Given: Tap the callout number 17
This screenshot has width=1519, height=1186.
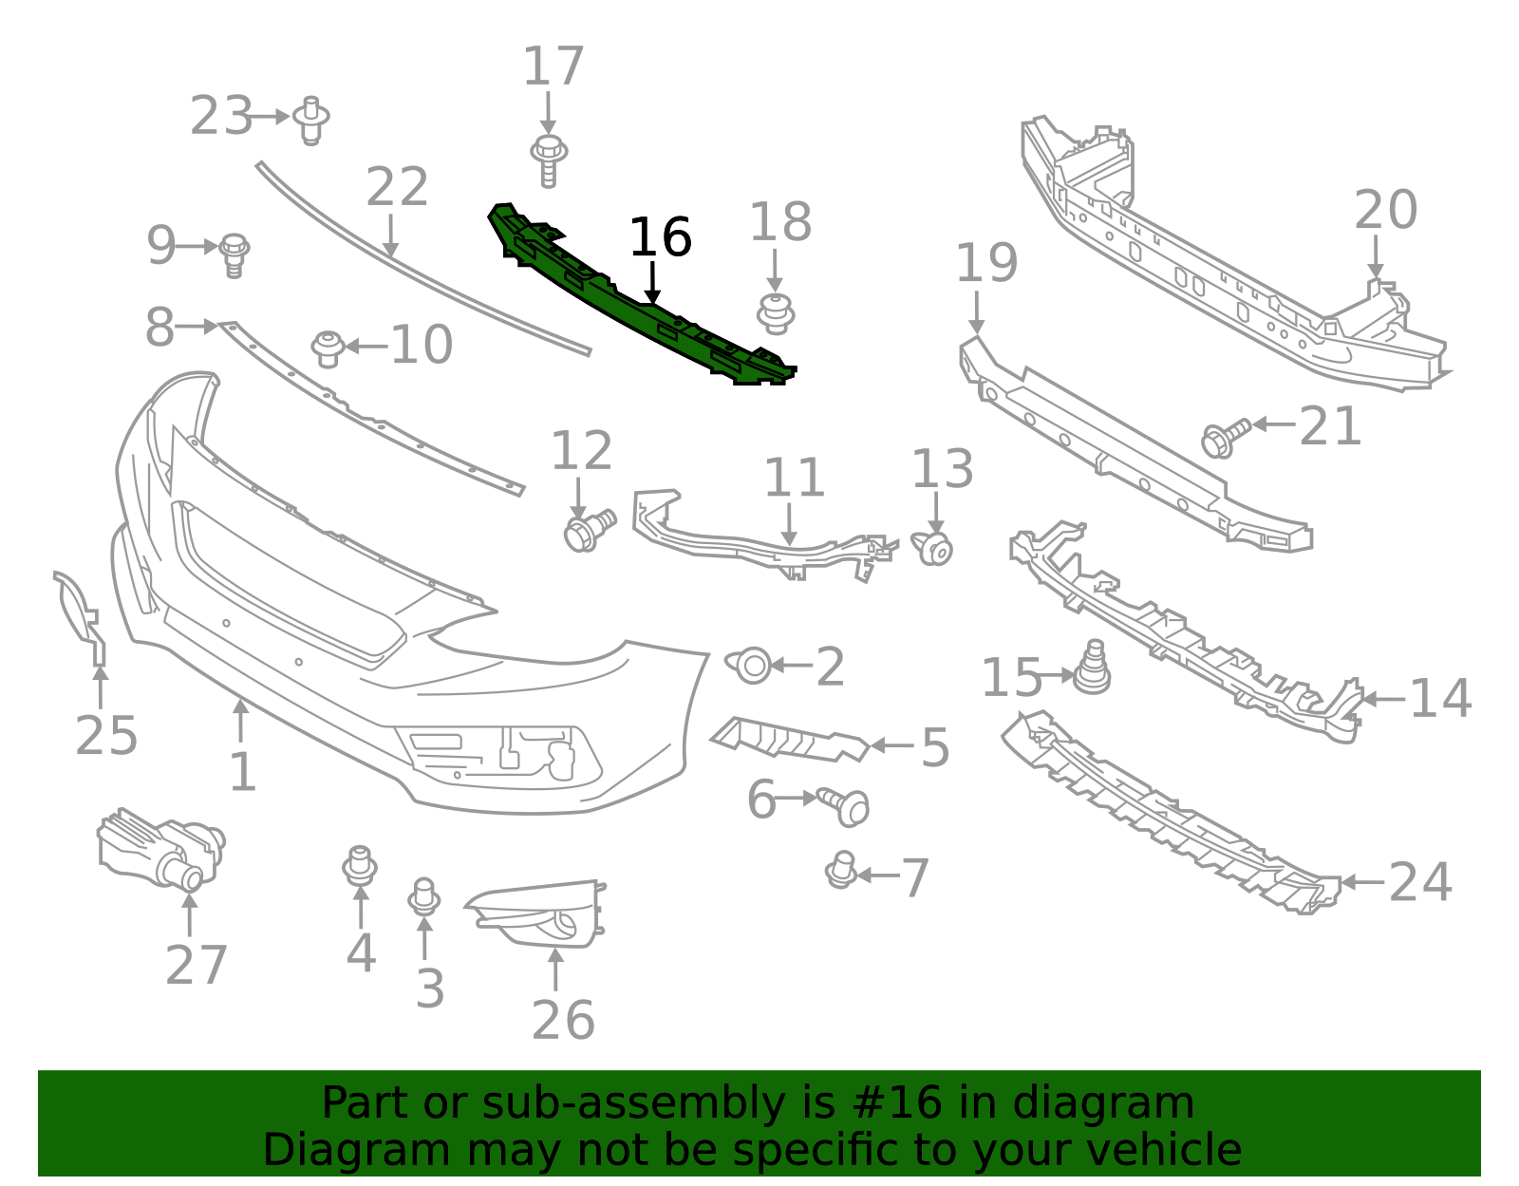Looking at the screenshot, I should tap(553, 67).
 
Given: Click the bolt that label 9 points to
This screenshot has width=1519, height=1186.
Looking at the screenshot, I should tap(234, 254).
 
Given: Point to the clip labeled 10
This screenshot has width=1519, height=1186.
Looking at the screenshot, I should tap(328, 348).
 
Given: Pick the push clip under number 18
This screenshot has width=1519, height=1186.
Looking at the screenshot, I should tap(776, 313).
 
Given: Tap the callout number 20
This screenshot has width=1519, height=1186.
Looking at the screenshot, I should tap(1385, 211).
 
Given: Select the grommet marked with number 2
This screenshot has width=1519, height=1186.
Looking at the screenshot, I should tap(751, 665).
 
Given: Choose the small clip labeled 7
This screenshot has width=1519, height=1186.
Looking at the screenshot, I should tap(841, 870).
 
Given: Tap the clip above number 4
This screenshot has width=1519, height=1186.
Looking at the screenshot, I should tap(360, 865).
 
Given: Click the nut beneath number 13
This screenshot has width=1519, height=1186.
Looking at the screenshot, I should tap(935, 549).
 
